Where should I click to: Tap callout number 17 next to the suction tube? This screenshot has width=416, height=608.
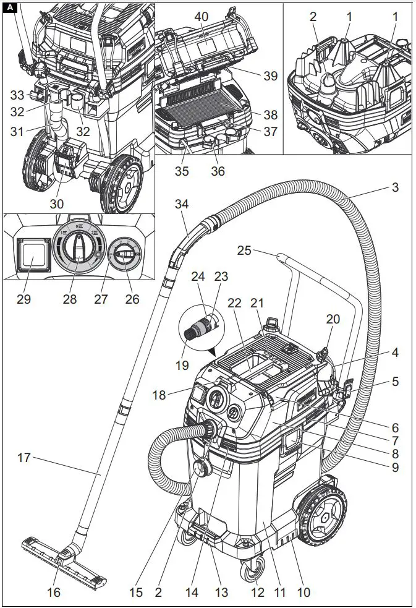click(x=24, y=458)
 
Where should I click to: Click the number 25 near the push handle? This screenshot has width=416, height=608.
click(x=245, y=250)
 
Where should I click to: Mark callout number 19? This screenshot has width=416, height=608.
click(x=182, y=365)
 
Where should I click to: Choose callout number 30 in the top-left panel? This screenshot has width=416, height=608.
click(x=58, y=203)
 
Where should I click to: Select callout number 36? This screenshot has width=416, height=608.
click(x=218, y=171)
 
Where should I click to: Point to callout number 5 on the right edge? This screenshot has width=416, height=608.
click(x=394, y=382)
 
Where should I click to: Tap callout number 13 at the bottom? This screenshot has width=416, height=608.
click(x=221, y=593)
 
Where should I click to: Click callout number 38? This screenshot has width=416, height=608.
click(x=270, y=115)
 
